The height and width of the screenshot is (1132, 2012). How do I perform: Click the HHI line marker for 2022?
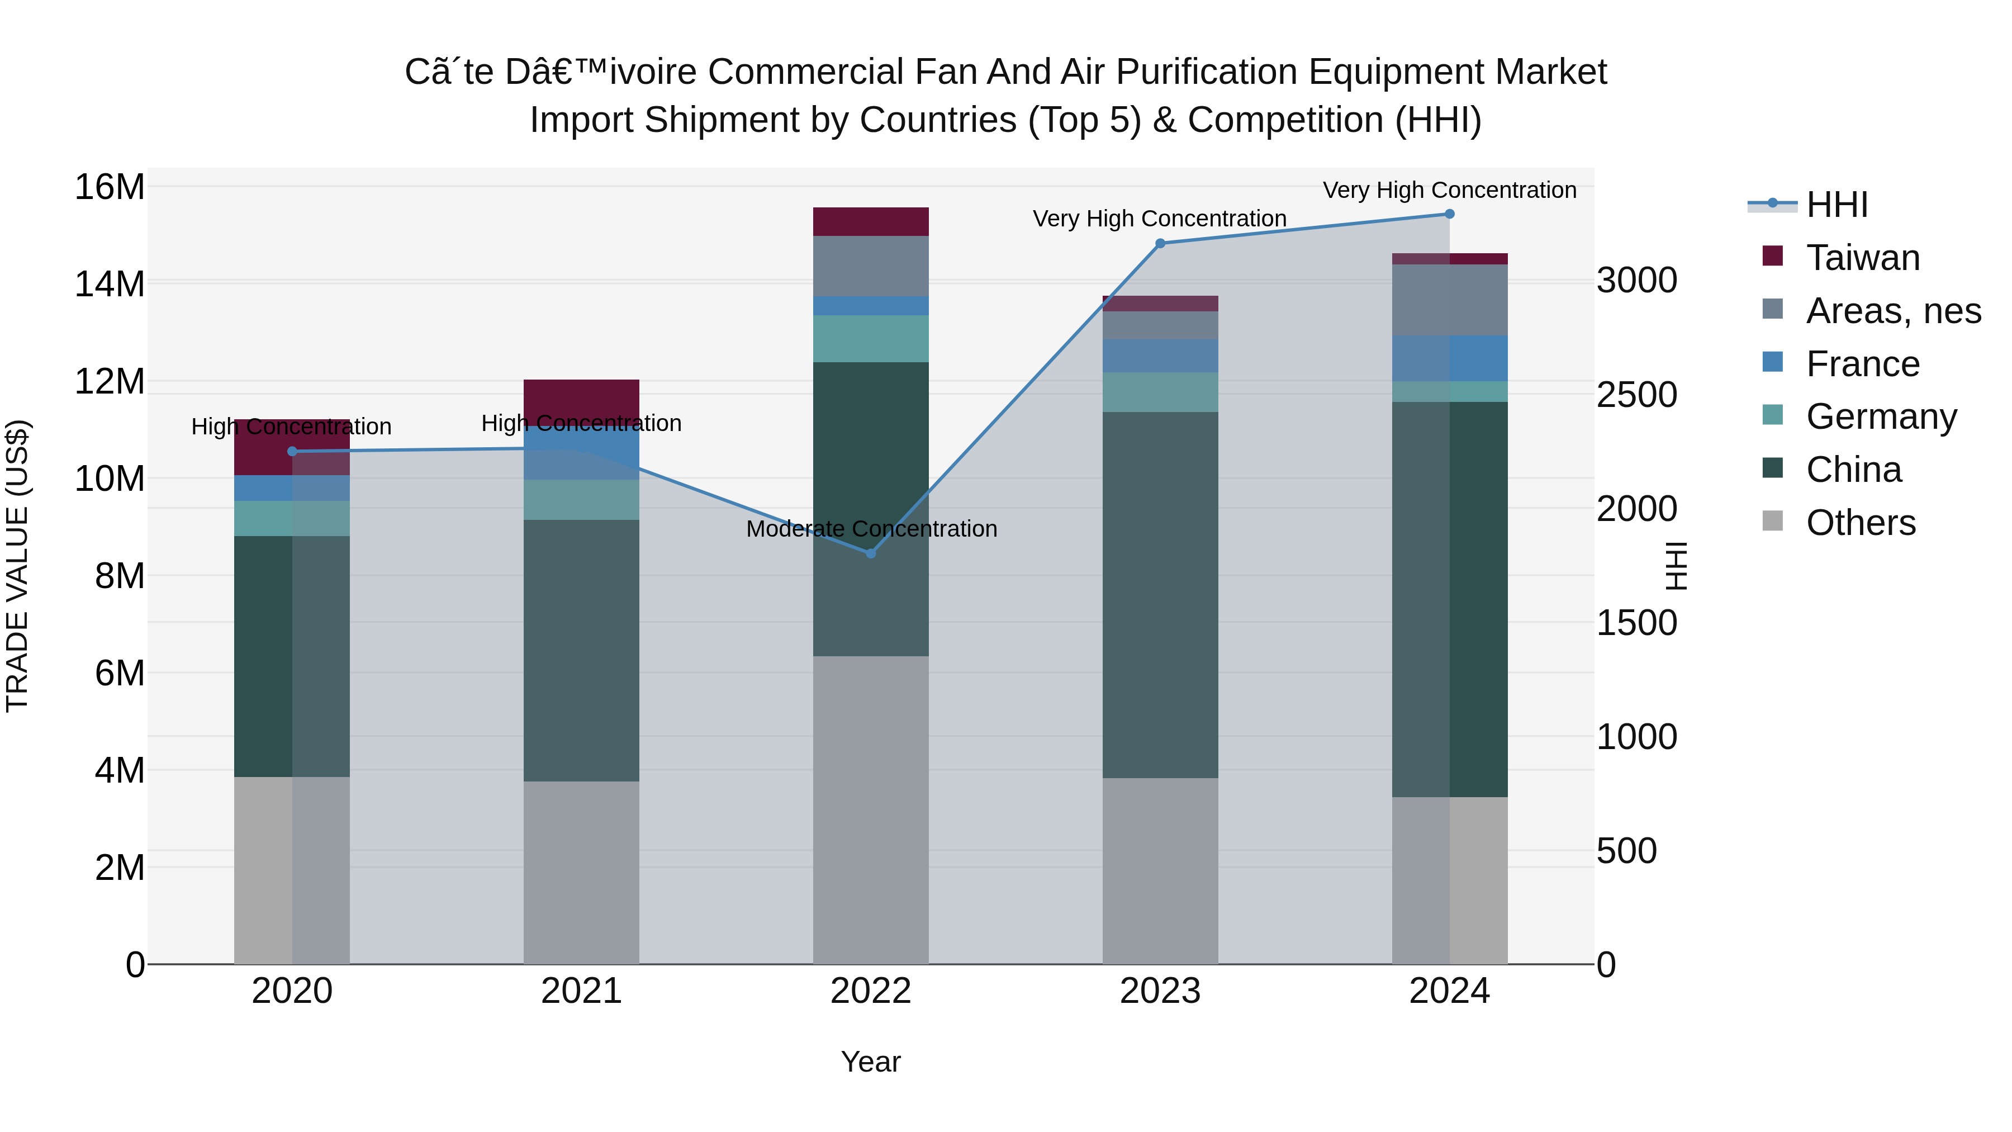point(871,553)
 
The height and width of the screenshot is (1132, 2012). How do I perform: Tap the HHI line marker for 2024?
point(1450,214)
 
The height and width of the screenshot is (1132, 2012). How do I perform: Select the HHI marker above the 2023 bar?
point(1160,244)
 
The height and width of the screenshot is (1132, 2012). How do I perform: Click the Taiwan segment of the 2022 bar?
point(871,222)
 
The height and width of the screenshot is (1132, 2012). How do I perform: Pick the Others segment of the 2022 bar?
point(871,809)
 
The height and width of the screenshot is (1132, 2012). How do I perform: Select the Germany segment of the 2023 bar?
point(1160,392)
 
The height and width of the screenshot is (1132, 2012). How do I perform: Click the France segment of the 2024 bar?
point(1450,358)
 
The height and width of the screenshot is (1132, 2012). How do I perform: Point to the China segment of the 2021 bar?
point(581,651)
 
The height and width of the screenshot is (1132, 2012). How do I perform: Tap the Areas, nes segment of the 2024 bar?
point(1450,300)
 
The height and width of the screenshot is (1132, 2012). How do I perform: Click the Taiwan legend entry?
point(1863,258)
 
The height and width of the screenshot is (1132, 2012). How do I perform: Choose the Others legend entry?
point(1861,523)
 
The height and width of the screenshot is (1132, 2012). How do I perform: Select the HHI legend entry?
point(1837,205)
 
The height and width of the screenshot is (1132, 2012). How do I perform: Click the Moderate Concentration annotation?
point(871,529)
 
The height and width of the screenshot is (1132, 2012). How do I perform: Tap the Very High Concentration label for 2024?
point(1450,191)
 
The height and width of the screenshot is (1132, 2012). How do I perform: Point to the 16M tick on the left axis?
point(110,187)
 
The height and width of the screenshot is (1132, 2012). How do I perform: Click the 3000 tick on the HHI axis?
point(1636,281)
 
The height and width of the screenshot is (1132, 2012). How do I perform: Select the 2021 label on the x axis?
point(581,991)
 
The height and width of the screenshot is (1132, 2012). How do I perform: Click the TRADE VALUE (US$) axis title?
point(17,566)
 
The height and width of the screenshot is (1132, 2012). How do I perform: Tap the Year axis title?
point(871,1062)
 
